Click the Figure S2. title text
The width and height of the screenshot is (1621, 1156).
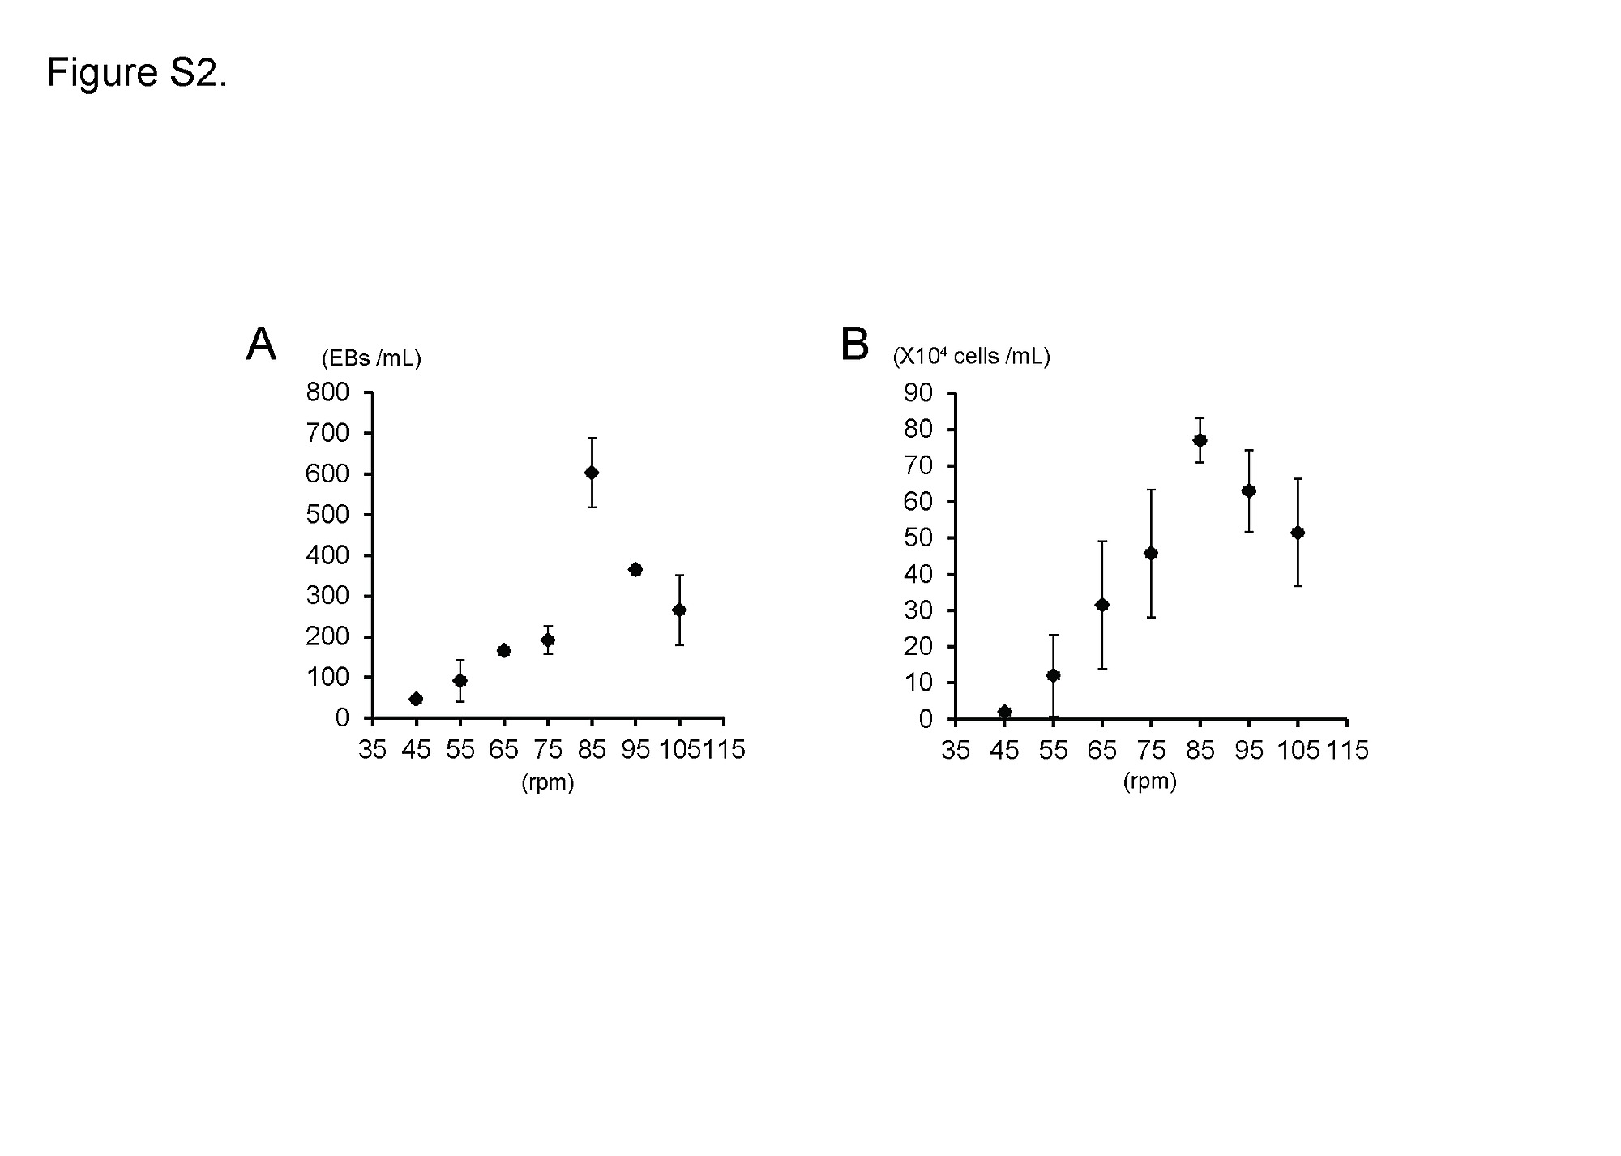tap(137, 73)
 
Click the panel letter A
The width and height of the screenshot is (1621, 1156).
tap(261, 345)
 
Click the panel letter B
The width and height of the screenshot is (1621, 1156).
tap(855, 345)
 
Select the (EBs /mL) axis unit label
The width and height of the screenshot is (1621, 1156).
tap(371, 358)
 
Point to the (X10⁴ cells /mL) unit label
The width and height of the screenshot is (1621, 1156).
tap(971, 357)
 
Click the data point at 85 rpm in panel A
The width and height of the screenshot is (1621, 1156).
tap(592, 473)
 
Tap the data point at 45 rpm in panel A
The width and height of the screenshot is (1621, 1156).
tap(416, 699)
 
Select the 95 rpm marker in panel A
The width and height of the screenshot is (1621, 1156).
tap(635, 570)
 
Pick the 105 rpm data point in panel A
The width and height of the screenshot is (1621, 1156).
tap(679, 610)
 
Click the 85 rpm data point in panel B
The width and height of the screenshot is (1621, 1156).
tap(1200, 440)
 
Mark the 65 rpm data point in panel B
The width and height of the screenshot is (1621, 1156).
tap(1102, 605)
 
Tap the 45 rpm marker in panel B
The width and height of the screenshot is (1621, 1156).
tap(1005, 712)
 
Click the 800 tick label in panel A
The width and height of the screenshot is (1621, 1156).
tap(327, 393)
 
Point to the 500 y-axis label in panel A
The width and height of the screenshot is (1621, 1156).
tap(327, 515)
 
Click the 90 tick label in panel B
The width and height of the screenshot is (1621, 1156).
tap(918, 393)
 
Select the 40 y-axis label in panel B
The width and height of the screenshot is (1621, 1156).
tap(918, 575)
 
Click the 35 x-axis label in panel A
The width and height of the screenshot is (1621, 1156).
tap(372, 751)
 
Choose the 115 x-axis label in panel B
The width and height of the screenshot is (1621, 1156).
tap(1347, 751)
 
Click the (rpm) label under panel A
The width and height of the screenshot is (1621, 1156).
tap(547, 783)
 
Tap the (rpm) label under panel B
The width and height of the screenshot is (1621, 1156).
tap(1150, 781)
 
